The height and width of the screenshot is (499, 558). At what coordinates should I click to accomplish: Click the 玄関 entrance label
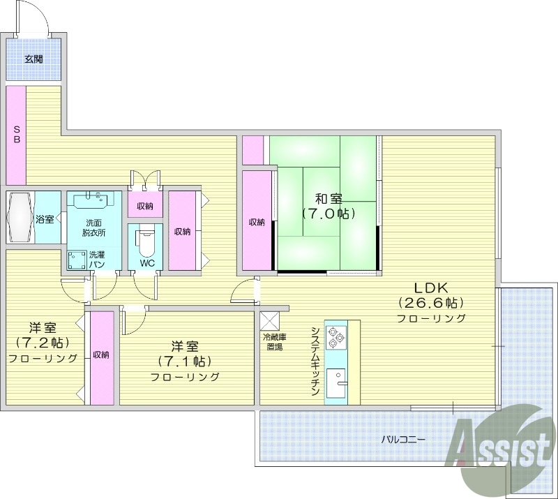[x=33, y=59]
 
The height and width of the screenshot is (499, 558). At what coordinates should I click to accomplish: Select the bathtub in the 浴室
[x=19, y=218]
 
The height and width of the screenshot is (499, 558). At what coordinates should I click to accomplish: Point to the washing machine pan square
[x=76, y=260]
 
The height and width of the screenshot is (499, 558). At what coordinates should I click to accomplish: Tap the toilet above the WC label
[x=146, y=241]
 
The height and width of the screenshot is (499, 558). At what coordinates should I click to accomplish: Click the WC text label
[x=146, y=263]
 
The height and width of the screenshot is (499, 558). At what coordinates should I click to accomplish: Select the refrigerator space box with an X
[x=269, y=320]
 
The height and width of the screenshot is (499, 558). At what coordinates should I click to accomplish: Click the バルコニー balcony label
[x=402, y=440]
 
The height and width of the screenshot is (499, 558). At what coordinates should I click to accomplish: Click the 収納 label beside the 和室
[x=257, y=223]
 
